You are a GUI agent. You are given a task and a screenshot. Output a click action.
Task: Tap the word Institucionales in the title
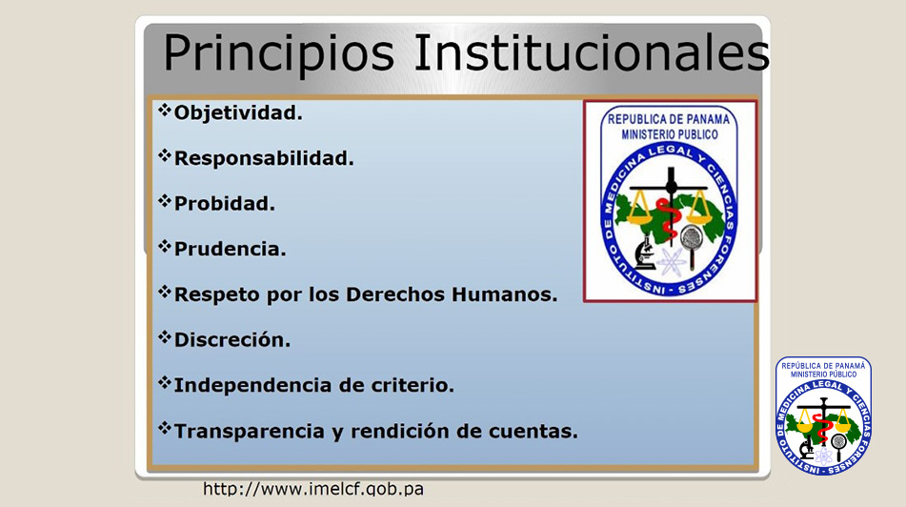click(x=593, y=52)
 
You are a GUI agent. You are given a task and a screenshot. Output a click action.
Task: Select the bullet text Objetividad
click(x=238, y=112)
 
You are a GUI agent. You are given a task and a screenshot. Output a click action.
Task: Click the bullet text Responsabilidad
click(x=264, y=158)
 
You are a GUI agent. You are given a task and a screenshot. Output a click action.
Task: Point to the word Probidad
click(x=224, y=204)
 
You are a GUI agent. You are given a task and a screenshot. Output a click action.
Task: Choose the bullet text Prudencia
click(x=230, y=249)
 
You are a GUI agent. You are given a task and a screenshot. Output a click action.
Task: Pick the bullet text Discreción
click(x=232, y=339)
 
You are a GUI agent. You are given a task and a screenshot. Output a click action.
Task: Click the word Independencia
click(x=253, y=385)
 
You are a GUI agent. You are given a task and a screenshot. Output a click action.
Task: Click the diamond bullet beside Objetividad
click(x=165, y=109)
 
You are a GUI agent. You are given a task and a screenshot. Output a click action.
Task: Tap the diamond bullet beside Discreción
click(x=165, y=335)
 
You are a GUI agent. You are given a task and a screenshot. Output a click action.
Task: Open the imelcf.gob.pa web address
click(x=313, y=489)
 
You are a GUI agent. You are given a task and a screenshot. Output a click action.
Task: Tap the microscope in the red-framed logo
click(x=645, y=253)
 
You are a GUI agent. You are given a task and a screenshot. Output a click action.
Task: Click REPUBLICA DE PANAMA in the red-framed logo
click(x=669, y=119)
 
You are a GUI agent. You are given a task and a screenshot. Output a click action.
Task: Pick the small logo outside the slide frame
click(x=823, y=416)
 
